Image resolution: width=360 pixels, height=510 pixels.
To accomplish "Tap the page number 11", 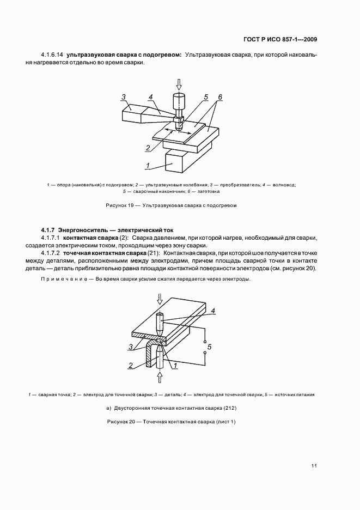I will (314, 465).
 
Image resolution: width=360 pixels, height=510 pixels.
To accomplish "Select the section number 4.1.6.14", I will (52, 55).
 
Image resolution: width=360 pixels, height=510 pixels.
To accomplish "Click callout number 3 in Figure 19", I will (124, 98).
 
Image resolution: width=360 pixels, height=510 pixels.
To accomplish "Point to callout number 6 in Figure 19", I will (220, 98).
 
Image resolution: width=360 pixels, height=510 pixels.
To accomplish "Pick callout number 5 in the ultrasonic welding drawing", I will (206, 98).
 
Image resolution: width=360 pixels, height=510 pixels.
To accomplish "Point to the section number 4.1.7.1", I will (51, 239).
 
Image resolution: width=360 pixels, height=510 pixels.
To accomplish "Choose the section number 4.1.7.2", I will (51, 254).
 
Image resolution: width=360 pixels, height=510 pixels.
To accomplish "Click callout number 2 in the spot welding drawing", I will (131, 366).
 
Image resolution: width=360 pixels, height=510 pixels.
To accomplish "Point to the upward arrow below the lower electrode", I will (160, 376).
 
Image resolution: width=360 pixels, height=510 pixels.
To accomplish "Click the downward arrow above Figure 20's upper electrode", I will (160, 299).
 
